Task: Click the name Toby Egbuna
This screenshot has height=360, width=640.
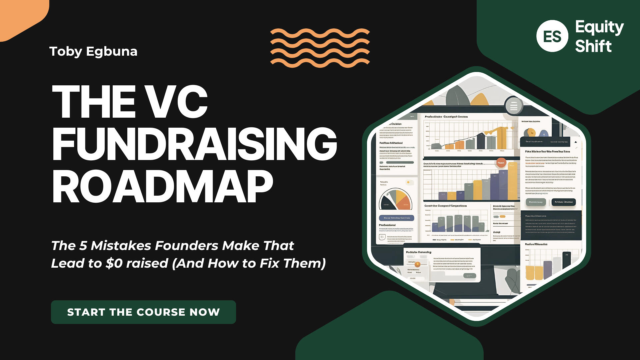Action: [x=93, y=51]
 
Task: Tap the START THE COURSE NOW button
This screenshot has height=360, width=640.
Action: [x=143, y=312]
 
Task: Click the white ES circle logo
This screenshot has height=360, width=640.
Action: [x=552, y=36]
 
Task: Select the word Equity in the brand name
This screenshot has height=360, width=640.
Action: [x=599, y=27]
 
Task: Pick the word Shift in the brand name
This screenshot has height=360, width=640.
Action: [x=593, y=46]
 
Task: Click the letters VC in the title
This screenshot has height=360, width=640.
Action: [x=177, y=101]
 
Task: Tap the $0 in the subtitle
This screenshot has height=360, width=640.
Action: [x=114, y=263]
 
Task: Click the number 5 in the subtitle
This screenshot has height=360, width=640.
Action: [x=83, y=246]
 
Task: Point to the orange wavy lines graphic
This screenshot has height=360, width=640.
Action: [x=320, y=48]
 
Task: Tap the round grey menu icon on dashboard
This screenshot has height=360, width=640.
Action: [x=513, y=106]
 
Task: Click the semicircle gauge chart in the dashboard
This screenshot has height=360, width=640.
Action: [x=396, y=200]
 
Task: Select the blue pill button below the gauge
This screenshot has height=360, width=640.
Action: [x=396, y=218]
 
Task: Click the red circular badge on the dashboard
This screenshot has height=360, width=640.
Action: [x=501, y=163]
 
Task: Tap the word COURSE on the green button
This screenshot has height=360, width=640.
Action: [x=161, y=312]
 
